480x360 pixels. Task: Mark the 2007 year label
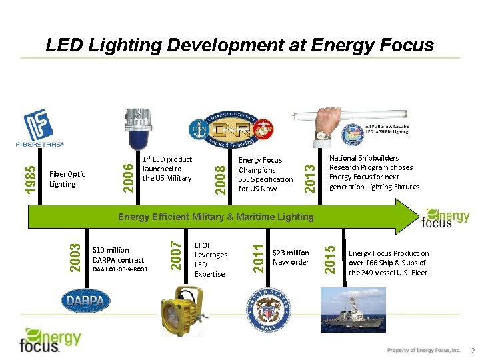tap(175, 252)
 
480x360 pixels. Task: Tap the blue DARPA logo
tap(86, 301)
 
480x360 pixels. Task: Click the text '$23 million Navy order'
tap(291, 257)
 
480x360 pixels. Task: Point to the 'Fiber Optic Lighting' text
tap(67, 179)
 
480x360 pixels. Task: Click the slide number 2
tap(473, 351)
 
